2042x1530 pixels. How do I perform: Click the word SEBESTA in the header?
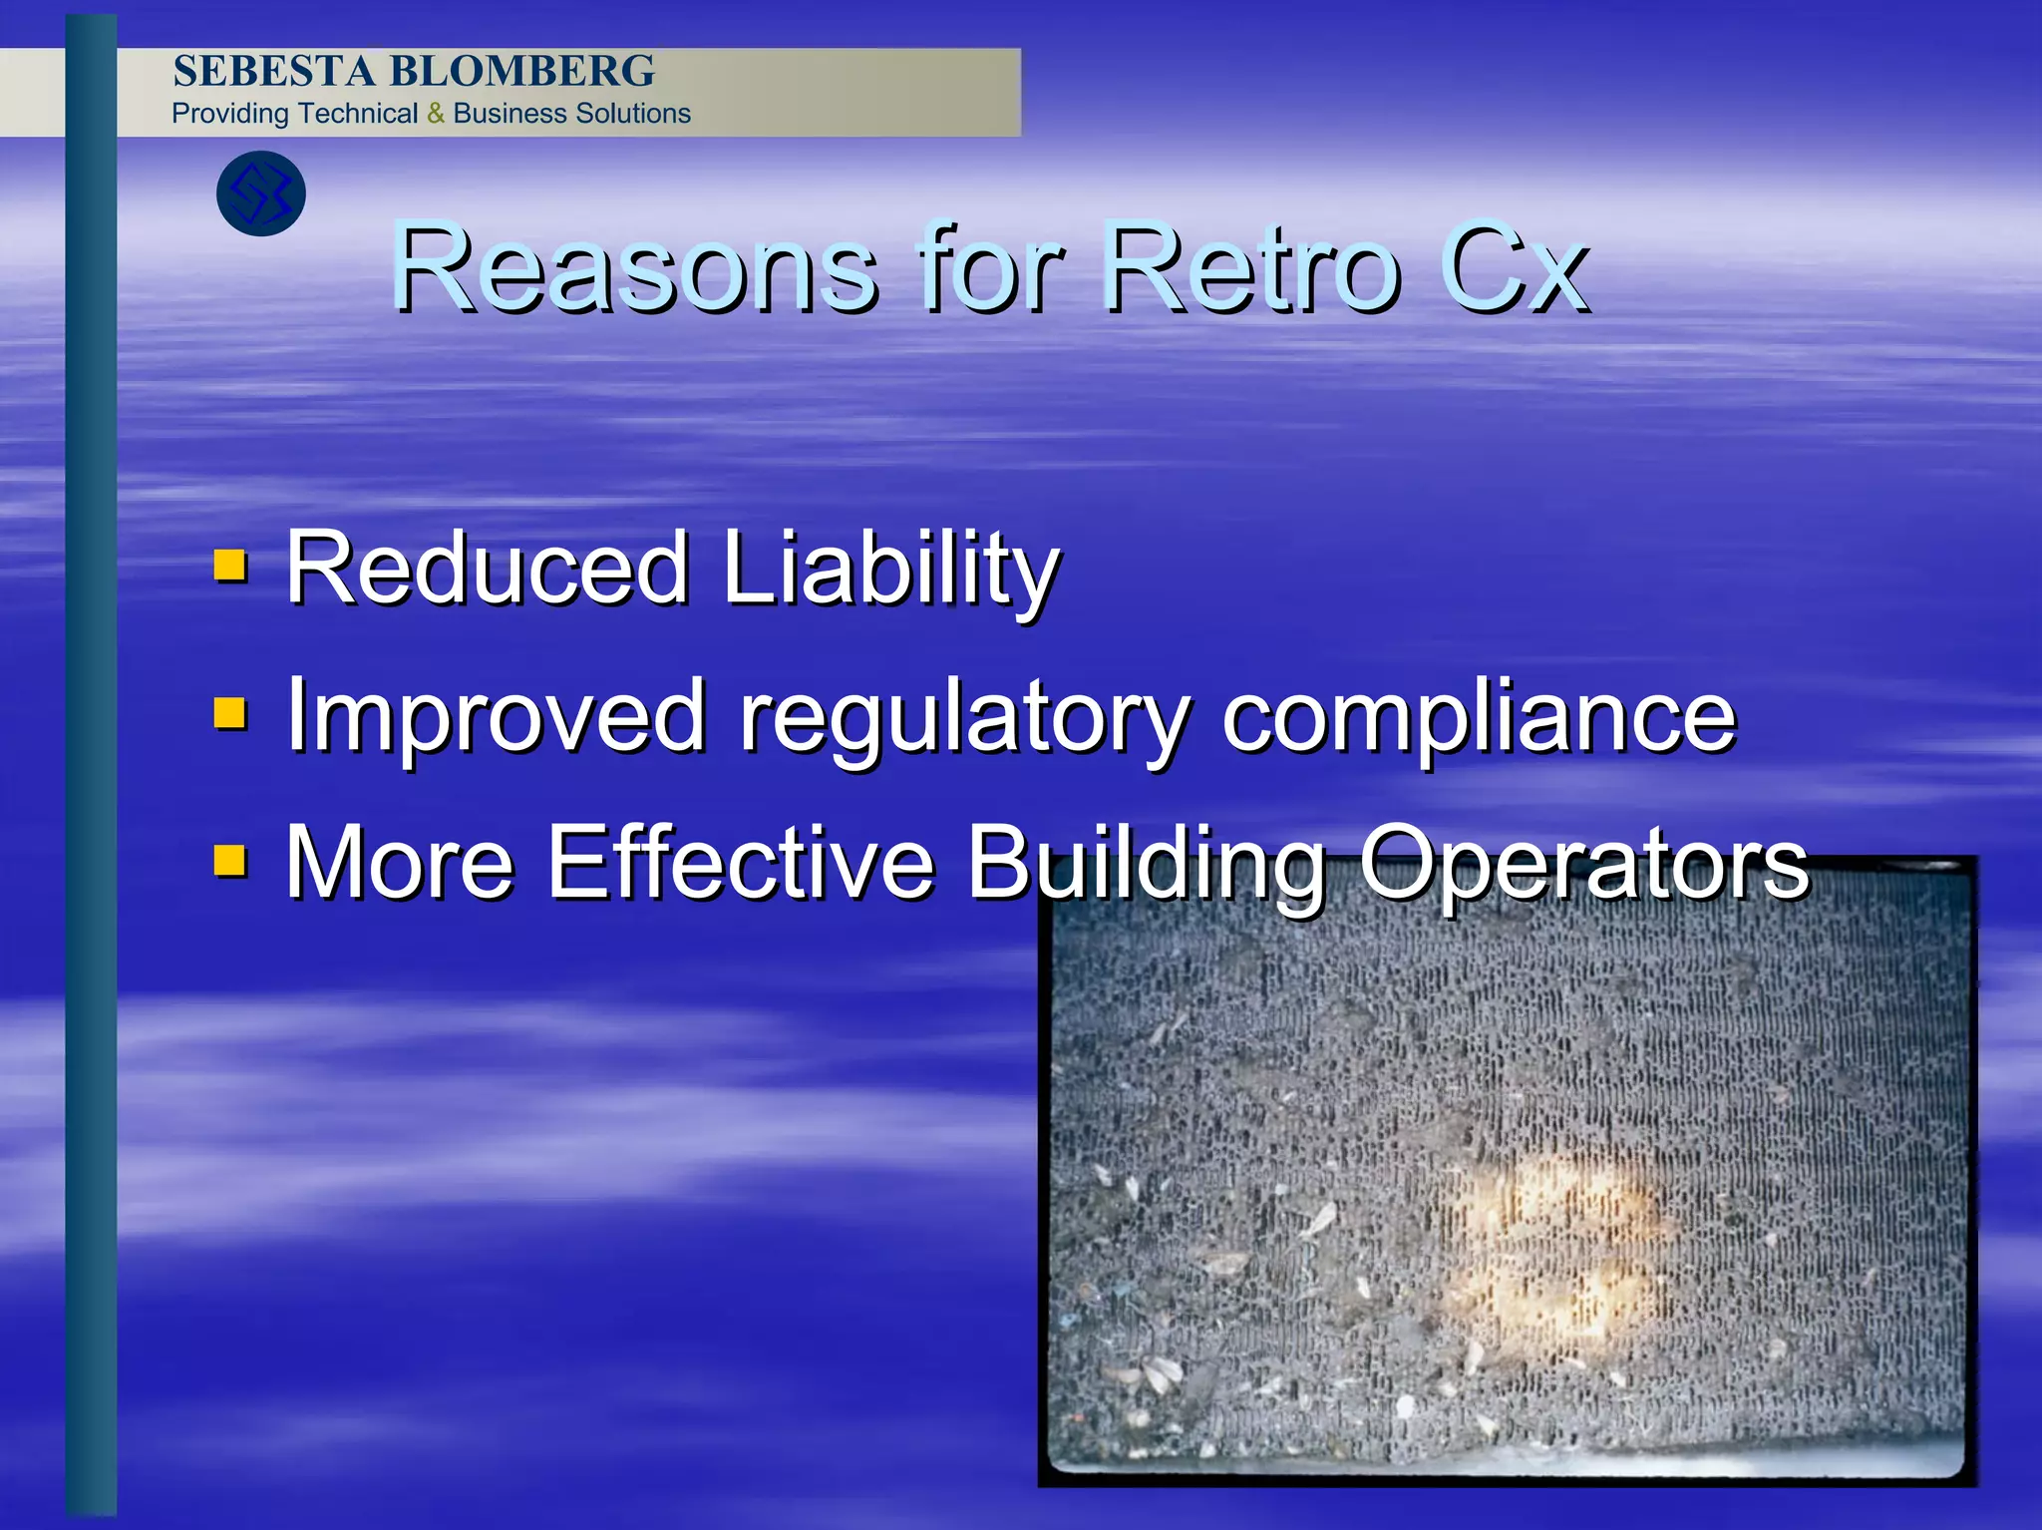[274, 72]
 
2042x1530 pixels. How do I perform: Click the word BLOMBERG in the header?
[521, 72]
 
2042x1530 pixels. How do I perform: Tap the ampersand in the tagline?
[436, 114]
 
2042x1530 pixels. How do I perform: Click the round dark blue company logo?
[261, 193]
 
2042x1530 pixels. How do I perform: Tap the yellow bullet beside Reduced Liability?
[231, 565]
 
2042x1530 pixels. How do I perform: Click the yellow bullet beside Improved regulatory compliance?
[231, 712]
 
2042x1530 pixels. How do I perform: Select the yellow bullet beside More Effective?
[231, 859]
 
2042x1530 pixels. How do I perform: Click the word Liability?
[890, 569]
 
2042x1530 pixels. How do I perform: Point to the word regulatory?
[964, 718]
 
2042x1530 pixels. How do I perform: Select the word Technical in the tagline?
[357, 114]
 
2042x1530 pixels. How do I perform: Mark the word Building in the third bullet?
[1147, 864]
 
